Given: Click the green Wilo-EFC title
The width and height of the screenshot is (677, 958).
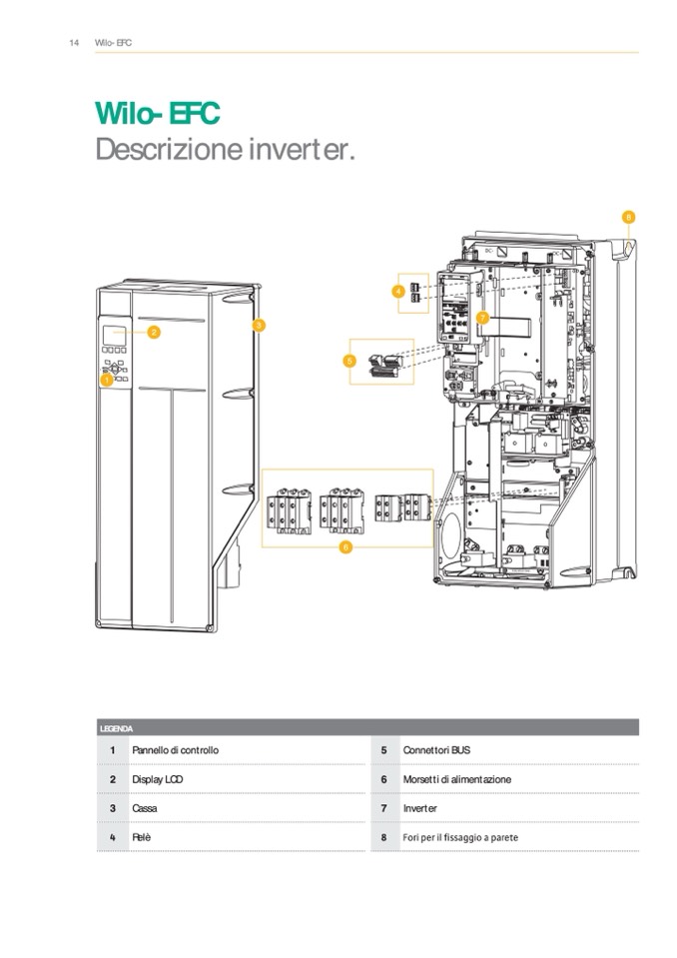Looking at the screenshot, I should click(157, 113).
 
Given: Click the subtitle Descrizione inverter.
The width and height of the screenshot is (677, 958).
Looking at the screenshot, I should click(225, 151).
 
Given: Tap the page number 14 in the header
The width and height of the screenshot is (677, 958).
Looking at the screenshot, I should click(74, 43).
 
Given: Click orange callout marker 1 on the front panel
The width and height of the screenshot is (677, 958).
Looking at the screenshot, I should click(107, 380).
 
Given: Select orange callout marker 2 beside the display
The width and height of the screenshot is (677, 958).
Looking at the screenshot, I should click(154, 333).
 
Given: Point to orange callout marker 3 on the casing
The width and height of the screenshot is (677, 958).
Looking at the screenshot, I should click(258, 325).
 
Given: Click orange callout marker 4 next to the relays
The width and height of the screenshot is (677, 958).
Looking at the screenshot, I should click(397, 291).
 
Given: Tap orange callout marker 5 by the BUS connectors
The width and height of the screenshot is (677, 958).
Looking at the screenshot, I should click(349, 360).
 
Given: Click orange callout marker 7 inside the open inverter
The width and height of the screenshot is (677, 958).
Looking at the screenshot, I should click(482, 318).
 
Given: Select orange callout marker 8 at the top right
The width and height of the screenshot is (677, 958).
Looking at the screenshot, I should click(628, 216).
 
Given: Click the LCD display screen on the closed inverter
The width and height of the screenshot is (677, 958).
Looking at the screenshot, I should click(116, 334).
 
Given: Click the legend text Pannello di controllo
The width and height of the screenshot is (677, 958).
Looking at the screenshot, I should click(175, 750).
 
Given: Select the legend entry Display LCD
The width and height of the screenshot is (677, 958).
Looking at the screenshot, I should click(157, 779).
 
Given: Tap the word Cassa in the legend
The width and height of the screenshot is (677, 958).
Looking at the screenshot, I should click(145, 808).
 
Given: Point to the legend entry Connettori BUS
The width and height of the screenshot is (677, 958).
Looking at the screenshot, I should click(436, 750).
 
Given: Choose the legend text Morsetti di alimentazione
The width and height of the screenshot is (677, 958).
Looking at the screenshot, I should click(456, 779).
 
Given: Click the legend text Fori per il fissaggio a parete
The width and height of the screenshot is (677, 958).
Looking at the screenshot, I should click(459, 837).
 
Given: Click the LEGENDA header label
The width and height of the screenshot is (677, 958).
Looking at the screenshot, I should click(116, 728).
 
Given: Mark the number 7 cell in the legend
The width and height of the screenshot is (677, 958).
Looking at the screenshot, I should click(383, 808).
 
